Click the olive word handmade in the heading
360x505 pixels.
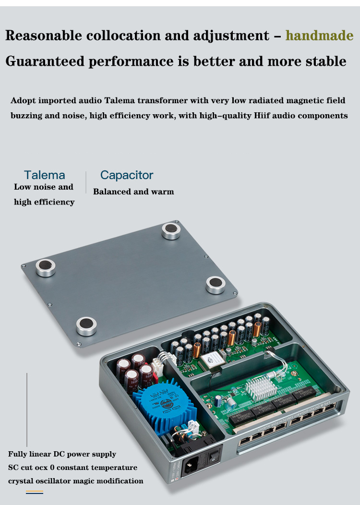pos(319,36)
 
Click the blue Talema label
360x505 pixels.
pos(45,175)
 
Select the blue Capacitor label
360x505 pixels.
pos(127,175)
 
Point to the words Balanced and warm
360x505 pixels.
pos(133,192)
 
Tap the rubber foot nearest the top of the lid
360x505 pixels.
pos(171,230)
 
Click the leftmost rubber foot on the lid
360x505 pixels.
pos(46,267)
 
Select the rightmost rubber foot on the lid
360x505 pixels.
pos(216,284)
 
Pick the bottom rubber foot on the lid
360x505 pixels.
pos(86,326)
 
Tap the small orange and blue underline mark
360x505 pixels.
pos(34,492)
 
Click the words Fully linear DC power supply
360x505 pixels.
pos(62,454)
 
